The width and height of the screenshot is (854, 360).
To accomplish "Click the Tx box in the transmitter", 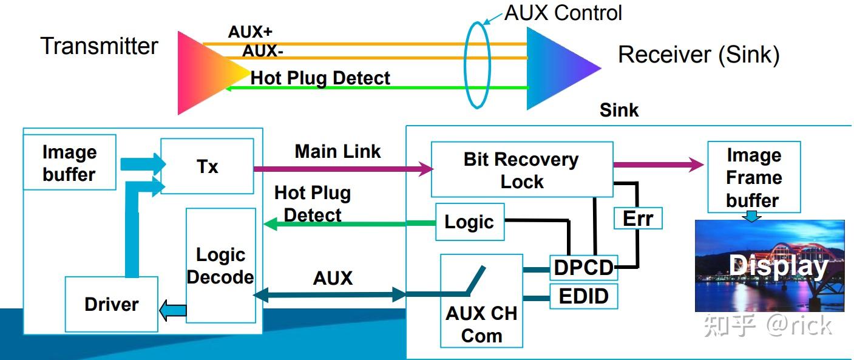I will point(207,166).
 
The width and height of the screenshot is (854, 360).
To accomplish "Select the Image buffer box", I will point(69,163).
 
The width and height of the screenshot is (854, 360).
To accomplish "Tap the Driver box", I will point(111,304).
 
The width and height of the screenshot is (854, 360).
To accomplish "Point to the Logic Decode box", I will point(220,266).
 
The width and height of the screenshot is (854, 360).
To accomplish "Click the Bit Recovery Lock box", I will point(521,170).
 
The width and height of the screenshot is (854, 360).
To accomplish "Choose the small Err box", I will point(637,219).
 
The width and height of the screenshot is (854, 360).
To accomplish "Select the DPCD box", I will point(583,267).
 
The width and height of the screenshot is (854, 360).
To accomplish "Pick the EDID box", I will point(583,296).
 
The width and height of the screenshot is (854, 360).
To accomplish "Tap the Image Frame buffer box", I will point(753,177).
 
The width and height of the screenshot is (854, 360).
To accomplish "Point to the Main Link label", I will point(337,151).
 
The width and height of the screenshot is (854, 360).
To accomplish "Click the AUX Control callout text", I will point(563,12).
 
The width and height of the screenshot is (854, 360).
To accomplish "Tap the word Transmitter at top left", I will point(99,46).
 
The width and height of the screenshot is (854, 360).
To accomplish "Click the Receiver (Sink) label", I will point(698,55).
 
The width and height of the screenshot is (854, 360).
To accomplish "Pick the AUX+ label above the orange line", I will point(250,32).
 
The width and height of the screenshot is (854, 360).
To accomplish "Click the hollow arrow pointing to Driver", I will point(172,311).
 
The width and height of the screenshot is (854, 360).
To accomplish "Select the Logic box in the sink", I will point(469,222).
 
